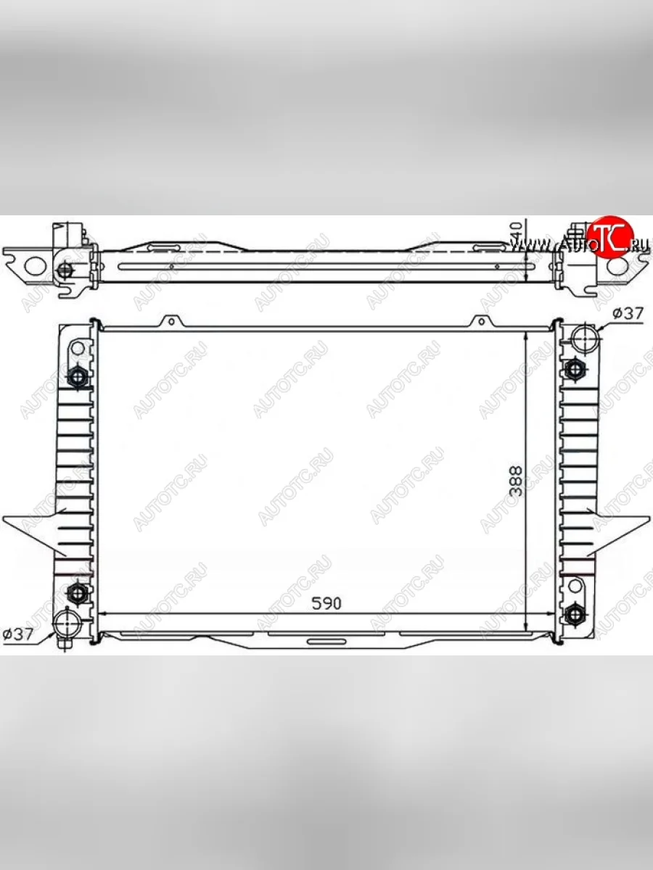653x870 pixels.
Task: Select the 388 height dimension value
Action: [x=516, y=480]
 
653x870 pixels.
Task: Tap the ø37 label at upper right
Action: [x=628, y=313]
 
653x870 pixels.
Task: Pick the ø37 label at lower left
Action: [x=18, y=634]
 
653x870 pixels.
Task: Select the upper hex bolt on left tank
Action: [x=77, y=376]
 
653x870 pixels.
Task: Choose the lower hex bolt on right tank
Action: [x=574, y=615]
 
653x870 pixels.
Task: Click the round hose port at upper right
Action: [x=583, y=338]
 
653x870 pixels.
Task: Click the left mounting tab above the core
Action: [x=170, y=322]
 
